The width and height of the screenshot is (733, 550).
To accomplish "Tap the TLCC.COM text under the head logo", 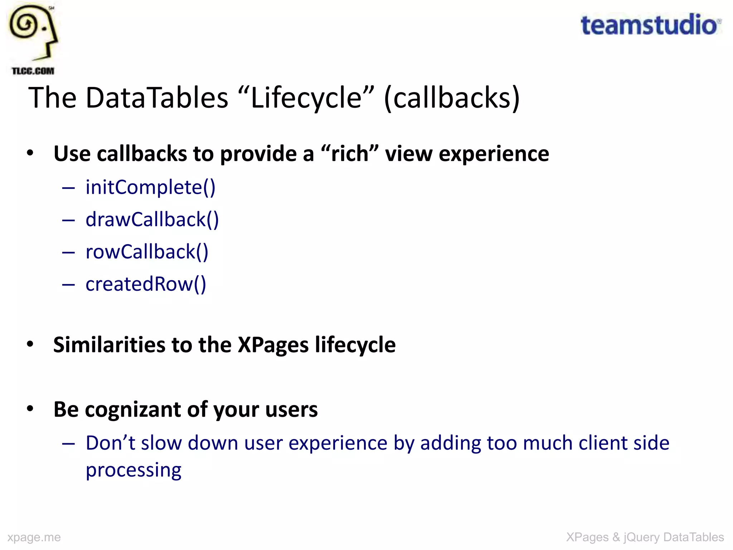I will (33, 71).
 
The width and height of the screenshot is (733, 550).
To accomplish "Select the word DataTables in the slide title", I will (157, 98).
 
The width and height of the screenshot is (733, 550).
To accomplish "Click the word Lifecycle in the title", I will (306, 98).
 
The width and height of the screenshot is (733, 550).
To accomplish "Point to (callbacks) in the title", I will (452, 98).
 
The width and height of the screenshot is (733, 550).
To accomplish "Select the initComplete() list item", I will (150, 187).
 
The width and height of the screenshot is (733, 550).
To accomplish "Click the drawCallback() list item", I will (152, 219).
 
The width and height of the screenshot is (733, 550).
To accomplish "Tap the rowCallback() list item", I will (147, 252).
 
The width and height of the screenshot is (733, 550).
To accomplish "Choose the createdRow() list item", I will (146, 284).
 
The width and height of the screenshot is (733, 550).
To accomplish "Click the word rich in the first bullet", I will (350, 154).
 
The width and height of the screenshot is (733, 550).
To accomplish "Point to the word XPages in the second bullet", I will (273, 345).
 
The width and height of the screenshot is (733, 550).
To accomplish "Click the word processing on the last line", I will (134, 470).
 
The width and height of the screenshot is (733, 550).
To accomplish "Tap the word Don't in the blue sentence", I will (110, 443).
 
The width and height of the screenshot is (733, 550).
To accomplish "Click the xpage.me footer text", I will (34, 537).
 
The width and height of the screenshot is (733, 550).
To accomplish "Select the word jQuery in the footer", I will (641, 537).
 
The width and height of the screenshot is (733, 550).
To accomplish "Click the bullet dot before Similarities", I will (30, 344).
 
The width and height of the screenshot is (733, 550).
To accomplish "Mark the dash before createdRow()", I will (68, 285).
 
